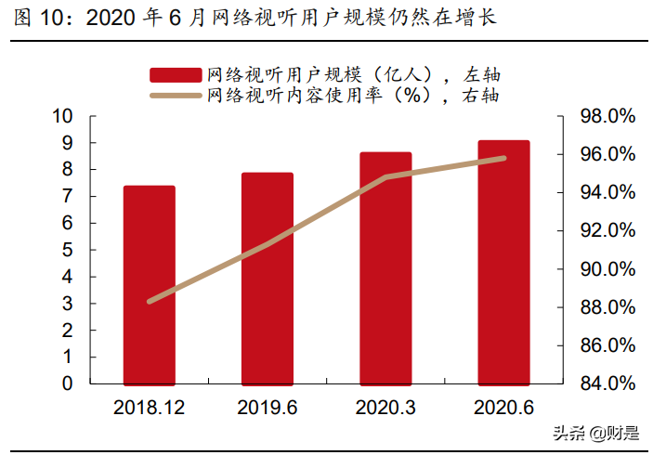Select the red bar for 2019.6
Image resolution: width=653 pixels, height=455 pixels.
pyautogui.click(x=268, y=278)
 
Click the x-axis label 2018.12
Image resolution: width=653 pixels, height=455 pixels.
pyautogui.click(x=150, y=407)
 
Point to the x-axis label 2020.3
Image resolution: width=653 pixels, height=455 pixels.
pyautogui.click(x=385, y=407)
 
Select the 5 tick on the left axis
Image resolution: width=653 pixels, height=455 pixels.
pyautogui.click(x=67, y=250)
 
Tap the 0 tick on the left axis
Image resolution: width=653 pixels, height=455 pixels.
pyautogui.click(x=67, y=383)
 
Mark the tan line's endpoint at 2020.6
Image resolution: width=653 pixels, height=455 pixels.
pyautogui.click(x=504, y=158)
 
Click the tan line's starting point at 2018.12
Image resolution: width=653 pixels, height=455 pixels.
pyautogui.click(x=150, y=301)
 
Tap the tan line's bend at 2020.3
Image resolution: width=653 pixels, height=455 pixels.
pyautogui.click(x=385, y=176)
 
